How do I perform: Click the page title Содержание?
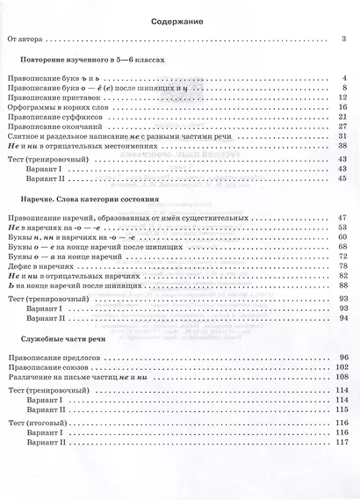(179, 19)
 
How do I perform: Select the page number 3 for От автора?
(345, 39)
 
